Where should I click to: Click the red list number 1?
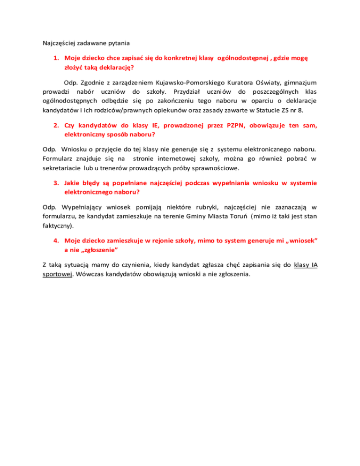coord(55,59)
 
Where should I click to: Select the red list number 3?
coord(55,183)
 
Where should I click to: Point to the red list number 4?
coord(55,240)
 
